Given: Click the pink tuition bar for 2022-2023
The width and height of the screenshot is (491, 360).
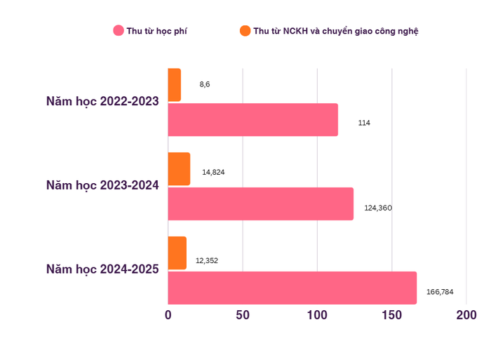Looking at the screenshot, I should point(253,120).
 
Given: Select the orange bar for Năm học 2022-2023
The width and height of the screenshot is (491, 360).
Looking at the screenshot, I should point(175,85).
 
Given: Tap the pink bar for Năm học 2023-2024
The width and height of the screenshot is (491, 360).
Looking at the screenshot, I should point(260,204).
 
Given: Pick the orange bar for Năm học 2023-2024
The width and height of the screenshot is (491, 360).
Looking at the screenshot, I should point(179,169).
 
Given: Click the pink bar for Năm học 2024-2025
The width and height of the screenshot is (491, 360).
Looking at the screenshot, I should point(292,288).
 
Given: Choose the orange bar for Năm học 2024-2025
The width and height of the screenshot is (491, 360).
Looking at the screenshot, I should point(177,253).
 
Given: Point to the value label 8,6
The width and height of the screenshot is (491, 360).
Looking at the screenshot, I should point(205,84).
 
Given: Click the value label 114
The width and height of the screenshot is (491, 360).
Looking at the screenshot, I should point(364,123).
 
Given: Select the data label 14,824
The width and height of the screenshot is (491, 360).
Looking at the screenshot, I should point(213,172).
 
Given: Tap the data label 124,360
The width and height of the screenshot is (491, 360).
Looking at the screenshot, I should point(378,208).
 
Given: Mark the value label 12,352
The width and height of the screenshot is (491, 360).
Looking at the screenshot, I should point(207,260).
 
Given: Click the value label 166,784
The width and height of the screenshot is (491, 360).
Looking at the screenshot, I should point(440,291).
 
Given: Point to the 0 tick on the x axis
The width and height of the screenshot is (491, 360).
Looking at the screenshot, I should point(168,315).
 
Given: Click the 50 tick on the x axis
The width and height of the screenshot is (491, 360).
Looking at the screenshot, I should point(243,315).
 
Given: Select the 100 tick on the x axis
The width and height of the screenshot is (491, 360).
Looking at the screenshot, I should point(317,315).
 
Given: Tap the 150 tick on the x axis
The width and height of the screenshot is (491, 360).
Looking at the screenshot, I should point(391,315).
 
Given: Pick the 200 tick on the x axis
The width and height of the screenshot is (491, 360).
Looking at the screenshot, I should point(466,315).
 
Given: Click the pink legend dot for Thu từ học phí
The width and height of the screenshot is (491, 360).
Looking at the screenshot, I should point(119,31).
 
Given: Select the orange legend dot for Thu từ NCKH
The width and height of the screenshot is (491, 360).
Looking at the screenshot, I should point(245,31).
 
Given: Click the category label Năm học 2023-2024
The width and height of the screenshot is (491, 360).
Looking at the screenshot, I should point(102,186).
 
